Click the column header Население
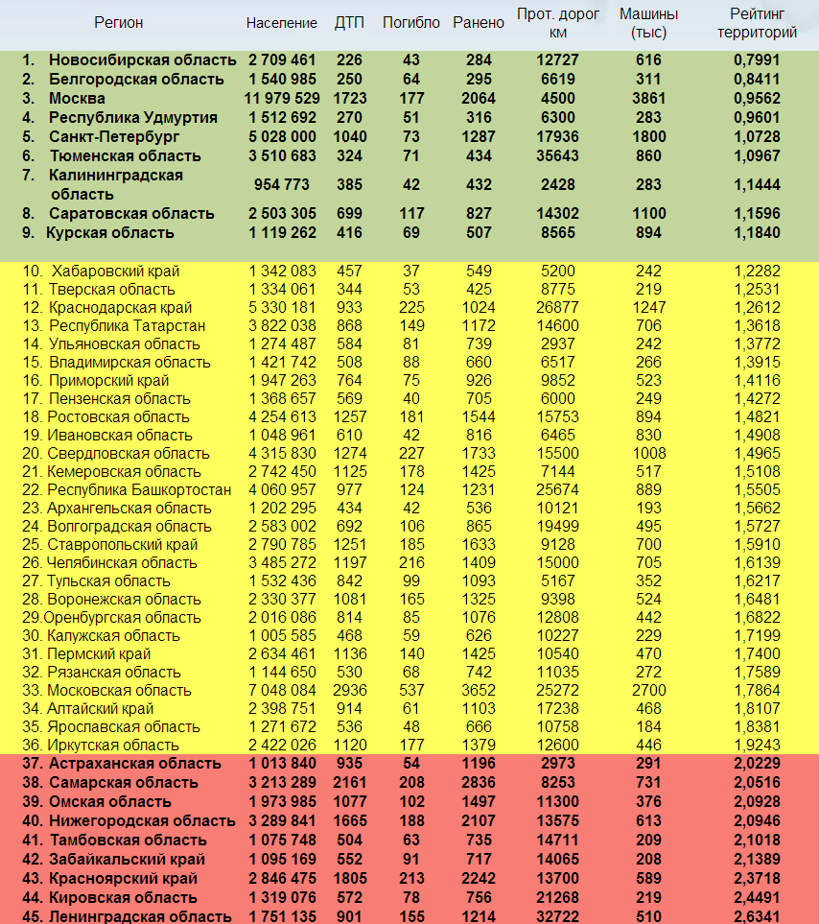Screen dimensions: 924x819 (x=281, y=23)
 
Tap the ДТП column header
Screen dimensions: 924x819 (x=349, y=23)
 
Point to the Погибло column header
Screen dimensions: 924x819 (x=411, y=23)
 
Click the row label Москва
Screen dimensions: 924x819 (x=77, y=98)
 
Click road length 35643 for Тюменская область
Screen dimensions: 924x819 (x=557, y=155)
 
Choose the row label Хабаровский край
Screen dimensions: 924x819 (x=115, y=271)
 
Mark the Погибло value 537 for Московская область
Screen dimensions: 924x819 (x=411, y=690)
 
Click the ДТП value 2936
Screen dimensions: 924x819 (x=349, y=690)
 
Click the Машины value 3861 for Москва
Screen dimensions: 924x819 (x=648, y=98)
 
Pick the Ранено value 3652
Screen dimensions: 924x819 (x=479, y=690)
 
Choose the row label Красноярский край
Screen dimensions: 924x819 (x=123, y=878)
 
